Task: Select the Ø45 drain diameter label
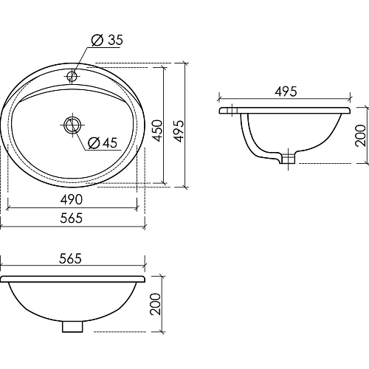point(103,142)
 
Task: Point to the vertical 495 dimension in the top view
point(178,125)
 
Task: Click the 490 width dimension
point(72,200)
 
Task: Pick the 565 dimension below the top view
point(72,218)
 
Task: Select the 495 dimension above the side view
point(286,92)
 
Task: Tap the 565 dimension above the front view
point(72,258)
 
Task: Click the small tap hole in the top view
point(72,75)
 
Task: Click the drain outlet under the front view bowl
point(72,325)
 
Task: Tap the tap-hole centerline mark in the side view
point(235,111)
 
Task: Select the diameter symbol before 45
point(92,142)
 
